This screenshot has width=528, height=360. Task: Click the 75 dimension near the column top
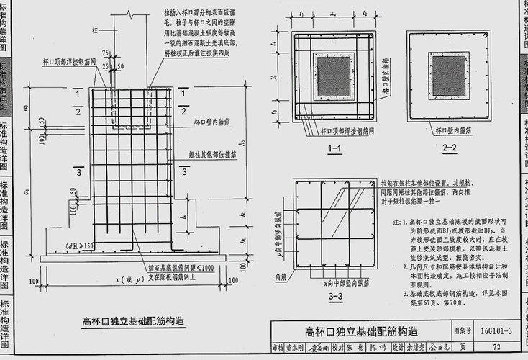[106, 53]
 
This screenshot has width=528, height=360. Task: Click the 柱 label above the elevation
[95, 31]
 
